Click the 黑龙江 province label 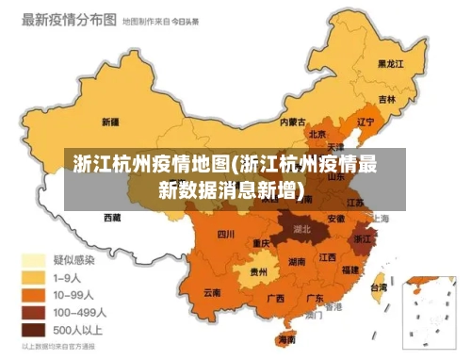[x=390, y=64]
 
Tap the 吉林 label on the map [x=387, y=98]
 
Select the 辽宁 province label [x=366, y=121]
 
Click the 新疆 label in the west [x=109, y=122]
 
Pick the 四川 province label [x=226, y=234]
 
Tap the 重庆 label [x=262, y=243]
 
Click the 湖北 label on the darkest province [x=302, y=228]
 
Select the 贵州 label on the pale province [x=257, y=271]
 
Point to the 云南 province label [x=212, y=292]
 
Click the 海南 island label [x=286, y=339]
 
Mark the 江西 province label [x=327, y=256]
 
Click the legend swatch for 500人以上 [x=35, y=330]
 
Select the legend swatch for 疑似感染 [x=35, y=259]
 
